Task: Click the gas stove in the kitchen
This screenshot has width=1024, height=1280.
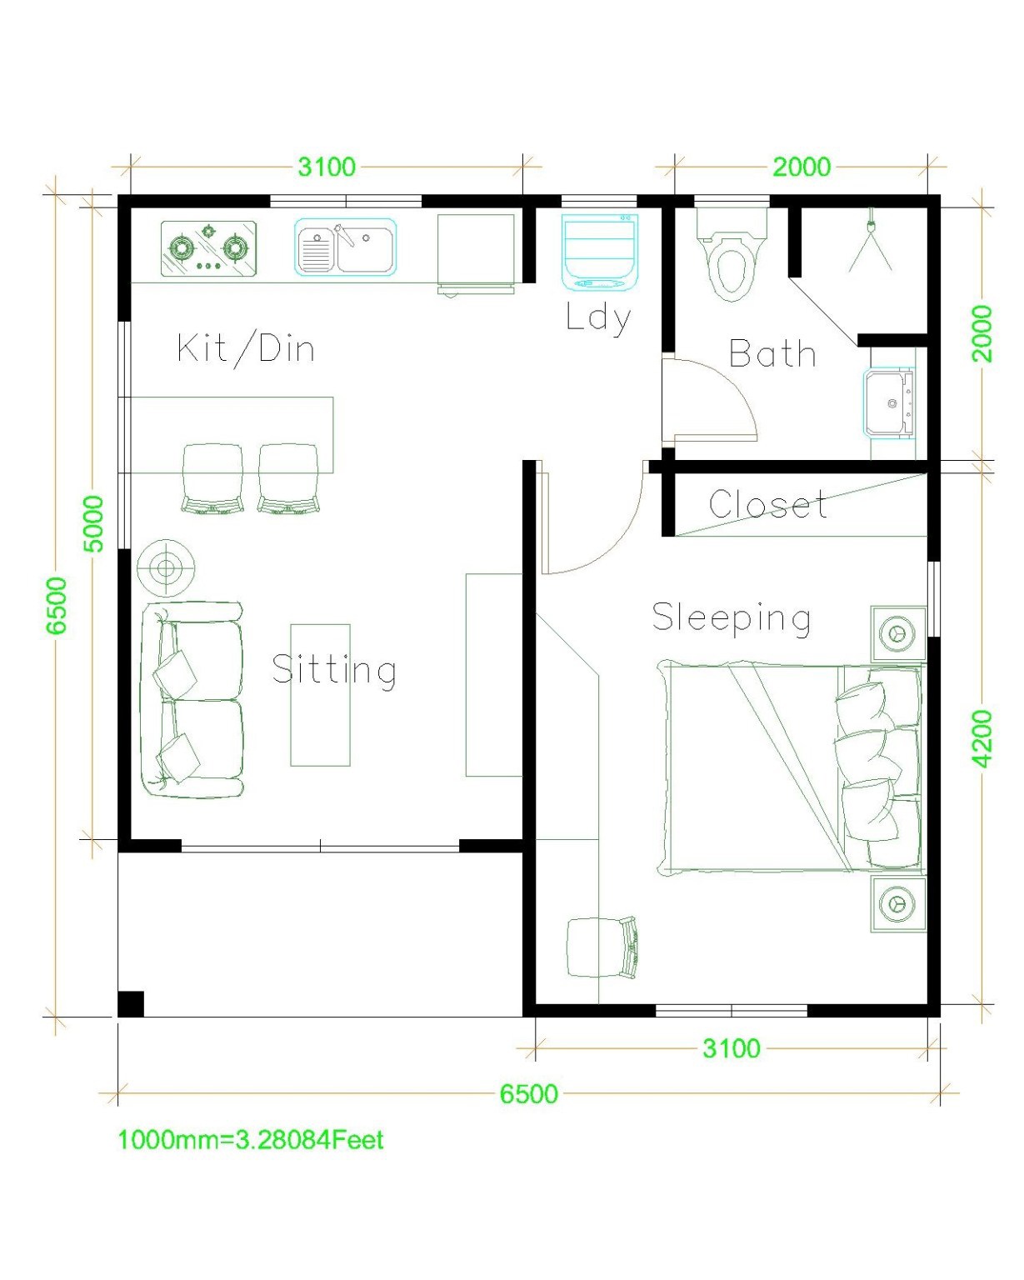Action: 208,248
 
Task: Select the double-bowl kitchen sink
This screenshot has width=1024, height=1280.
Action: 346,247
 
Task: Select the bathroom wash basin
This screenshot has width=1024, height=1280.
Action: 890,403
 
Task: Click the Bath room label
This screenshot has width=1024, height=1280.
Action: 772,354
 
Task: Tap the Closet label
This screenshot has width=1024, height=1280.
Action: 767,505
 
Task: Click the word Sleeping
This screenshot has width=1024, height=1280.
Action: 731,618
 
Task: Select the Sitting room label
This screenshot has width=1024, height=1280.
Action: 334,670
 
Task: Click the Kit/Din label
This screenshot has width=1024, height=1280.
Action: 247,347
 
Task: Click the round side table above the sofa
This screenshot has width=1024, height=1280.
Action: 166,569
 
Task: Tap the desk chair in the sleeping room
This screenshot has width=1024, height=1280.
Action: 602,947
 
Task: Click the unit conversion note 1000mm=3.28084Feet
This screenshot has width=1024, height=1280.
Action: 251,1139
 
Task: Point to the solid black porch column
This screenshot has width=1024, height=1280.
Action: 131,1003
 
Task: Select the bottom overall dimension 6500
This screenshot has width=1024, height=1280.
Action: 528,1093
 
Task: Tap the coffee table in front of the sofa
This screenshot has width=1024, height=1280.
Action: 320,694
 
